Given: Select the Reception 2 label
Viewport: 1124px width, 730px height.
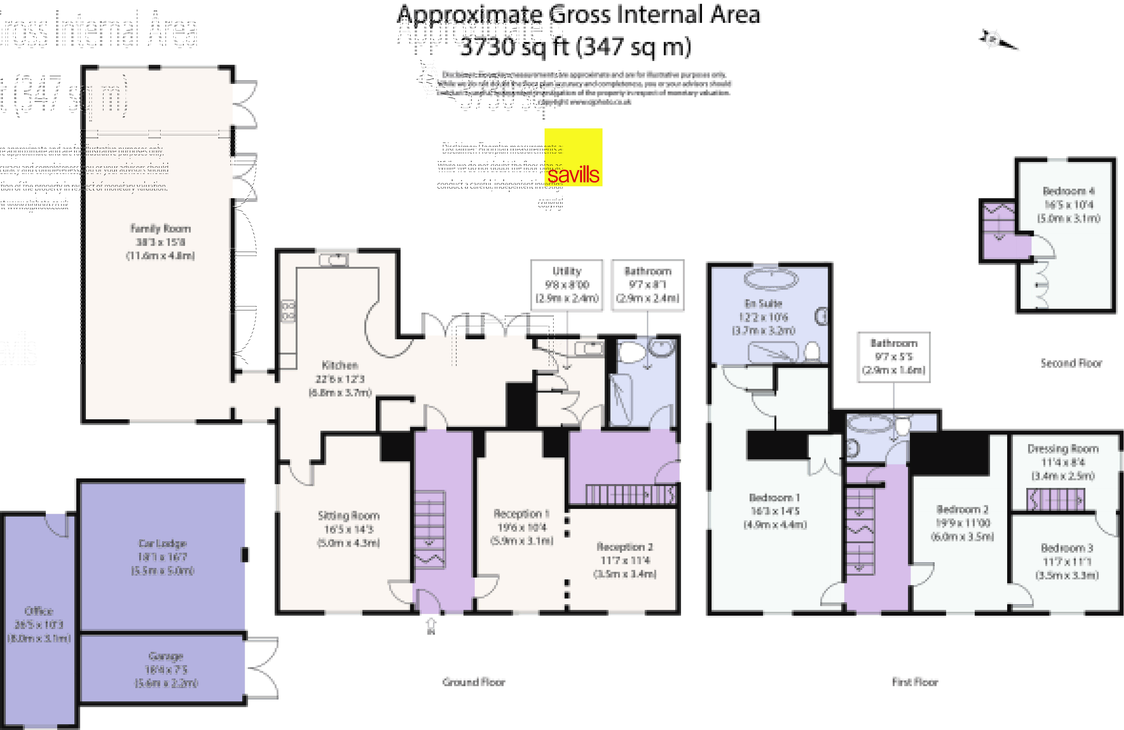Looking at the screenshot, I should [624, 547].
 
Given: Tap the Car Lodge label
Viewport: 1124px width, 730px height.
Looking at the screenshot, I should [162, 544].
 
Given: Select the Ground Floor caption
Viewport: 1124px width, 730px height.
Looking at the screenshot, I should [473, 682].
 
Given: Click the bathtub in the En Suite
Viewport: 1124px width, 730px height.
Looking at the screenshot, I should [771, 279].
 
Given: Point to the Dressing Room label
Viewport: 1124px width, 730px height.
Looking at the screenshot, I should [1063, 449].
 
